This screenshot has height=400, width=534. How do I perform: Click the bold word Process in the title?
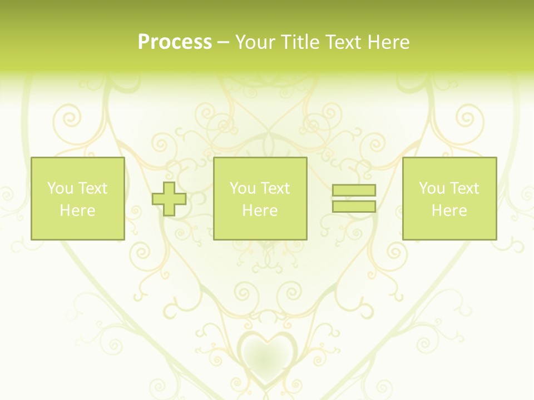click(x=175, y=42)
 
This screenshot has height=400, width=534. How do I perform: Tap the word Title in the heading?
click(x=301, y=42)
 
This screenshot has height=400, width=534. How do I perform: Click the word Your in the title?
click(x=256, y=42)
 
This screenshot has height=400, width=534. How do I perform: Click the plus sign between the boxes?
click(x=169, y=199)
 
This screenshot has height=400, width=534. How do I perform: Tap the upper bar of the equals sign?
click(x=354, y=190)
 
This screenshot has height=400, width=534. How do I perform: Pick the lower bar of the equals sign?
click(x=354, y=206)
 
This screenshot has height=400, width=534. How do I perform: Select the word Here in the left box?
click(x=77, y=211)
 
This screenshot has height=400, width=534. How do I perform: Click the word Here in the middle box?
click(x=260, y=211)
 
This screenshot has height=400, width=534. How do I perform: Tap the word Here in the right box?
click(x=449, y=211)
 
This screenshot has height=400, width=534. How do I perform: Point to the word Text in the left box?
click(x=92, y=188)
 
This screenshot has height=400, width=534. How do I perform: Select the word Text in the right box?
click(x=464, y=188)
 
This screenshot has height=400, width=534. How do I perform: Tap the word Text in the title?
click(x=345, y=42)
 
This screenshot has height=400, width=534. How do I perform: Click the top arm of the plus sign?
click(x=169, y=187)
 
